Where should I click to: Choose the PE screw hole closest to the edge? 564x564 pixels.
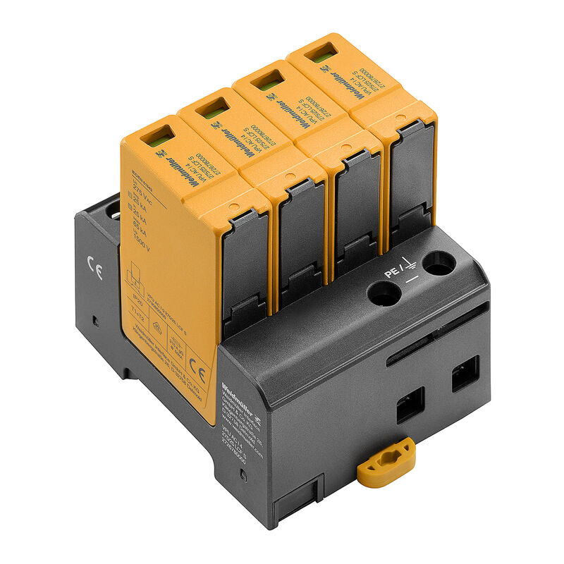click(439, 264)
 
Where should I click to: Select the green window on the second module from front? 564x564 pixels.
click(214, 109)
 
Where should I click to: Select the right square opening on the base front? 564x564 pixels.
click(465, 373)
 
